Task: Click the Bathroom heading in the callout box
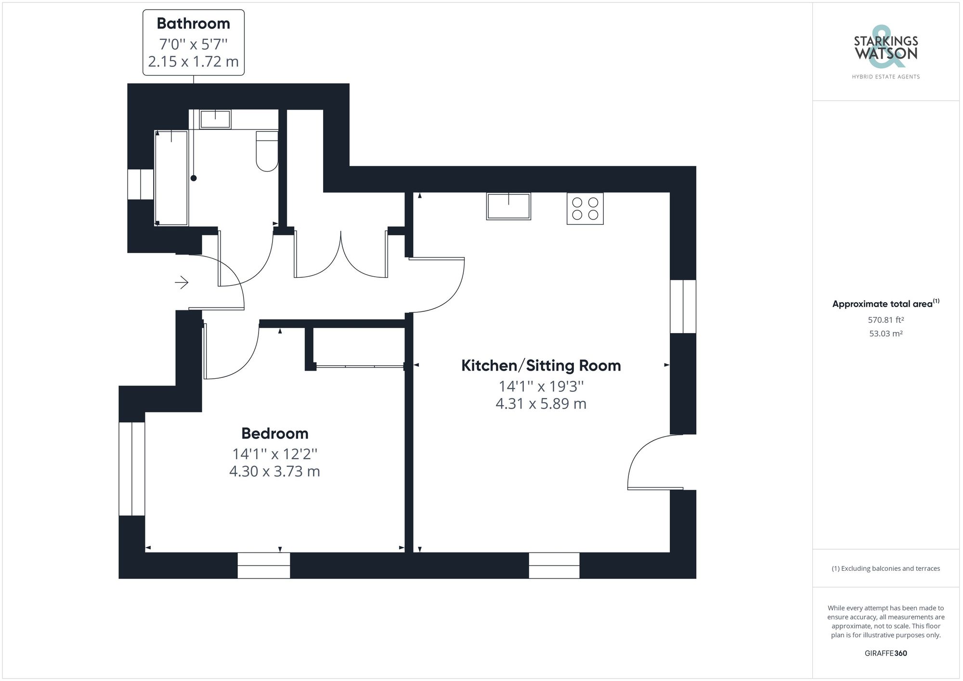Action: click(x=193, y=24)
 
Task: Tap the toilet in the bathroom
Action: click(x=267, y=151)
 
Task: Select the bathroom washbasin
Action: click(x=215, y=119)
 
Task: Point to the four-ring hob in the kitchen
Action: click(x=585, y=208)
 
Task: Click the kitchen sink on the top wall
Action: click(x=508, y=206)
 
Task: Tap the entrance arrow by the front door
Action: click(x=182, y=282)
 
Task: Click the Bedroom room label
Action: click(x=274, y=433)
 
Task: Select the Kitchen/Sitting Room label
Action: click(x=541, y=365)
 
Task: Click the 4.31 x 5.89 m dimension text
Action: click(x=541, y=403)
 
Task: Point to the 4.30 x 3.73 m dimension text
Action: click(x=274, y=471)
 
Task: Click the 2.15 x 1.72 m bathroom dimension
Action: click(x=193, y=62)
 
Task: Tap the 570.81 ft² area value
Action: click(x=885, y=320)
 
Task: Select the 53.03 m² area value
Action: click(x=885, y=334)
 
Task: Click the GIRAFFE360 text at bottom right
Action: click(x=885, y=653)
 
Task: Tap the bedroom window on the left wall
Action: click(x=132, y=469)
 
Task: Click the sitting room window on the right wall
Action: click(x=683, y=307)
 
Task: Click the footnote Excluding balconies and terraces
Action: click(x=885, y=568)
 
